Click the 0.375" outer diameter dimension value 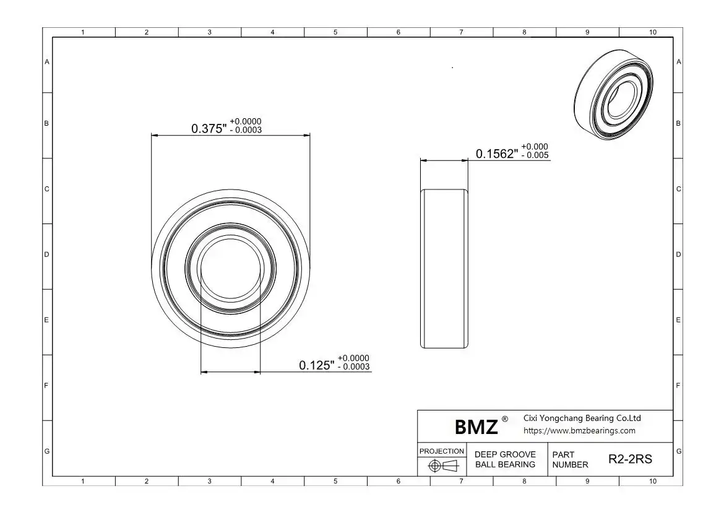click(209, 128)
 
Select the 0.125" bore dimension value click(316, 365)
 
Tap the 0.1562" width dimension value click(497, 154)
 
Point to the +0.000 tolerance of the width click(535, 147)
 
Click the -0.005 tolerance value click(535, 155)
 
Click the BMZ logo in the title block click(476, 427)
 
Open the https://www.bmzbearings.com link click(579, 431)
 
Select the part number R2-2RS click(631, 459)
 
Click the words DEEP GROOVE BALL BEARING click(505, 459)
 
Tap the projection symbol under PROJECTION click(443, 466)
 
